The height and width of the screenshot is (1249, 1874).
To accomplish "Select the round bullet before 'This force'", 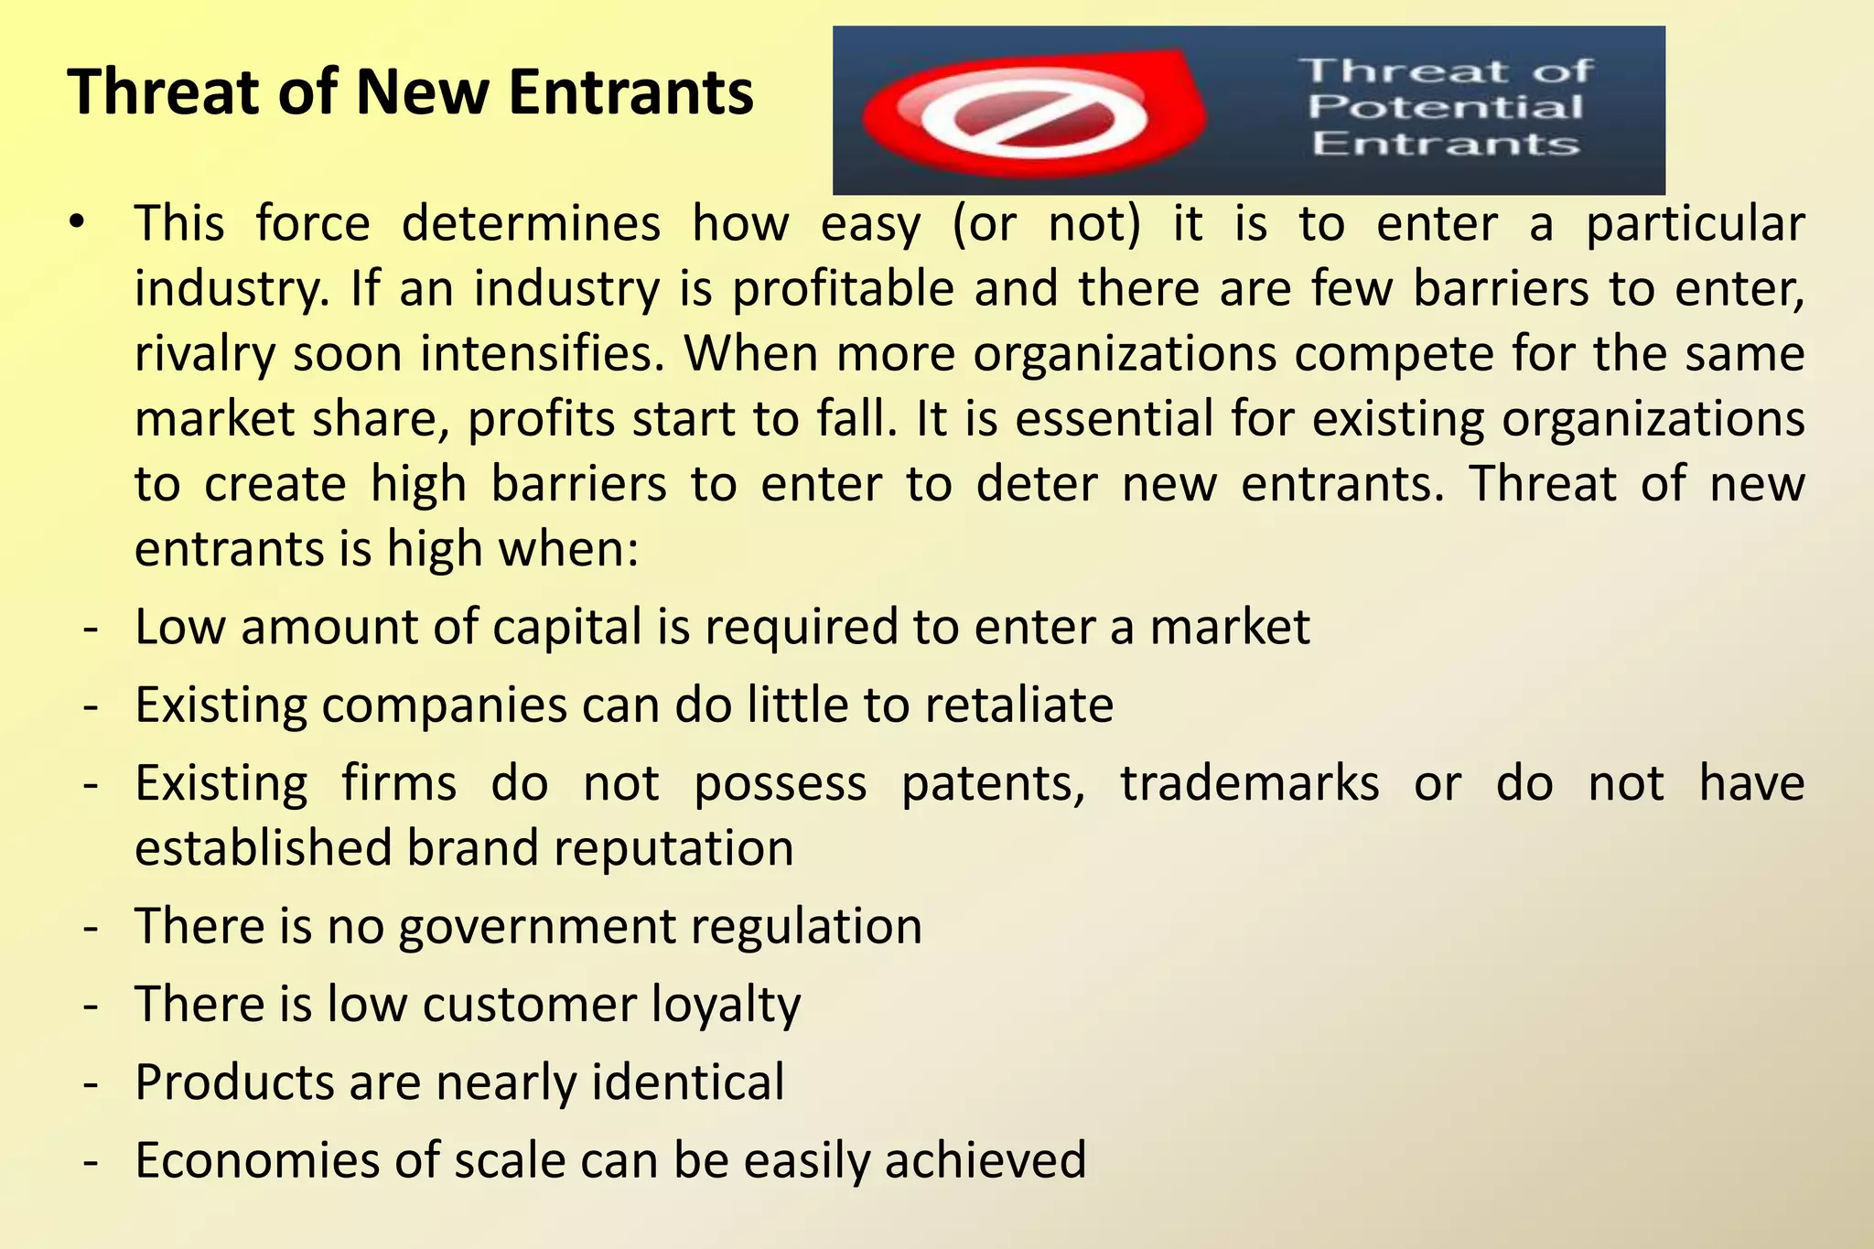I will pos(77,222).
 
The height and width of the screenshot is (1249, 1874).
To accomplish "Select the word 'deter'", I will pos(1036,484).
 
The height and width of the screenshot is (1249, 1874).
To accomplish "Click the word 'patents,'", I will pos(993,783).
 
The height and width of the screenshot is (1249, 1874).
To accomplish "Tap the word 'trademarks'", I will pos(1250,783).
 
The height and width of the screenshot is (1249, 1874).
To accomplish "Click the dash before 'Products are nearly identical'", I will pos(90,1083).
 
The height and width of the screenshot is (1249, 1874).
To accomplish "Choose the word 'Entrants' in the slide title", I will pos(631,92).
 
